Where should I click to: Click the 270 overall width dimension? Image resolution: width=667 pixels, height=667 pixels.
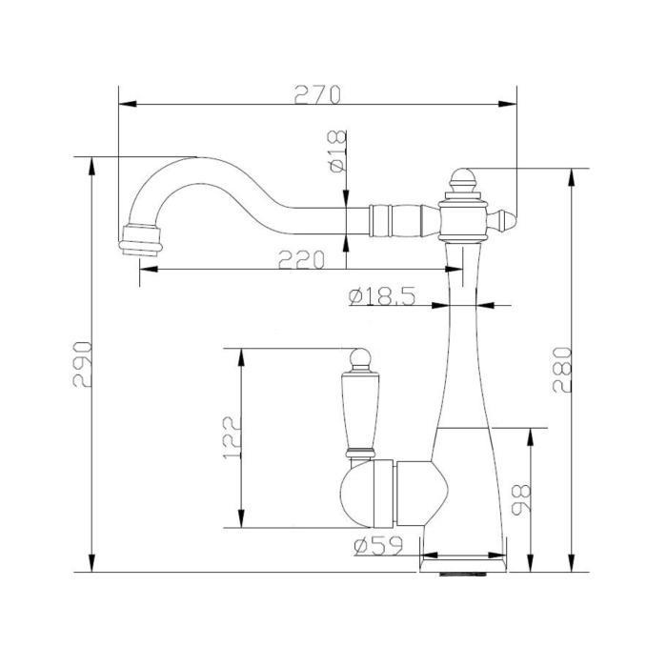tap(317, 94)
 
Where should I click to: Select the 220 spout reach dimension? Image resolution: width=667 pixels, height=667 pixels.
tap(302, 259)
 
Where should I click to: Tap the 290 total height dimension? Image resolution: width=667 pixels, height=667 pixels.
tap(83, 364)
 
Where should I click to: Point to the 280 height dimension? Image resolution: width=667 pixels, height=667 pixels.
tap(561, 369)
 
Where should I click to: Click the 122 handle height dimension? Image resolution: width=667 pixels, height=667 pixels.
tap(232, 437)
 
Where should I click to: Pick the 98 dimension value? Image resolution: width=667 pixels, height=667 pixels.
tap(521, 499)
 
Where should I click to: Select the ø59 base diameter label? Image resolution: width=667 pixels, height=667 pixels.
tap(377, 546)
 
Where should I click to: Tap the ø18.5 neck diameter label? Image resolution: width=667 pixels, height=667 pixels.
tap(381, 296)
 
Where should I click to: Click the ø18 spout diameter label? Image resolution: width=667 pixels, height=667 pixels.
tap(337, 152)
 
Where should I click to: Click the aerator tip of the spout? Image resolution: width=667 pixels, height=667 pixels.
tap(141, 241)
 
